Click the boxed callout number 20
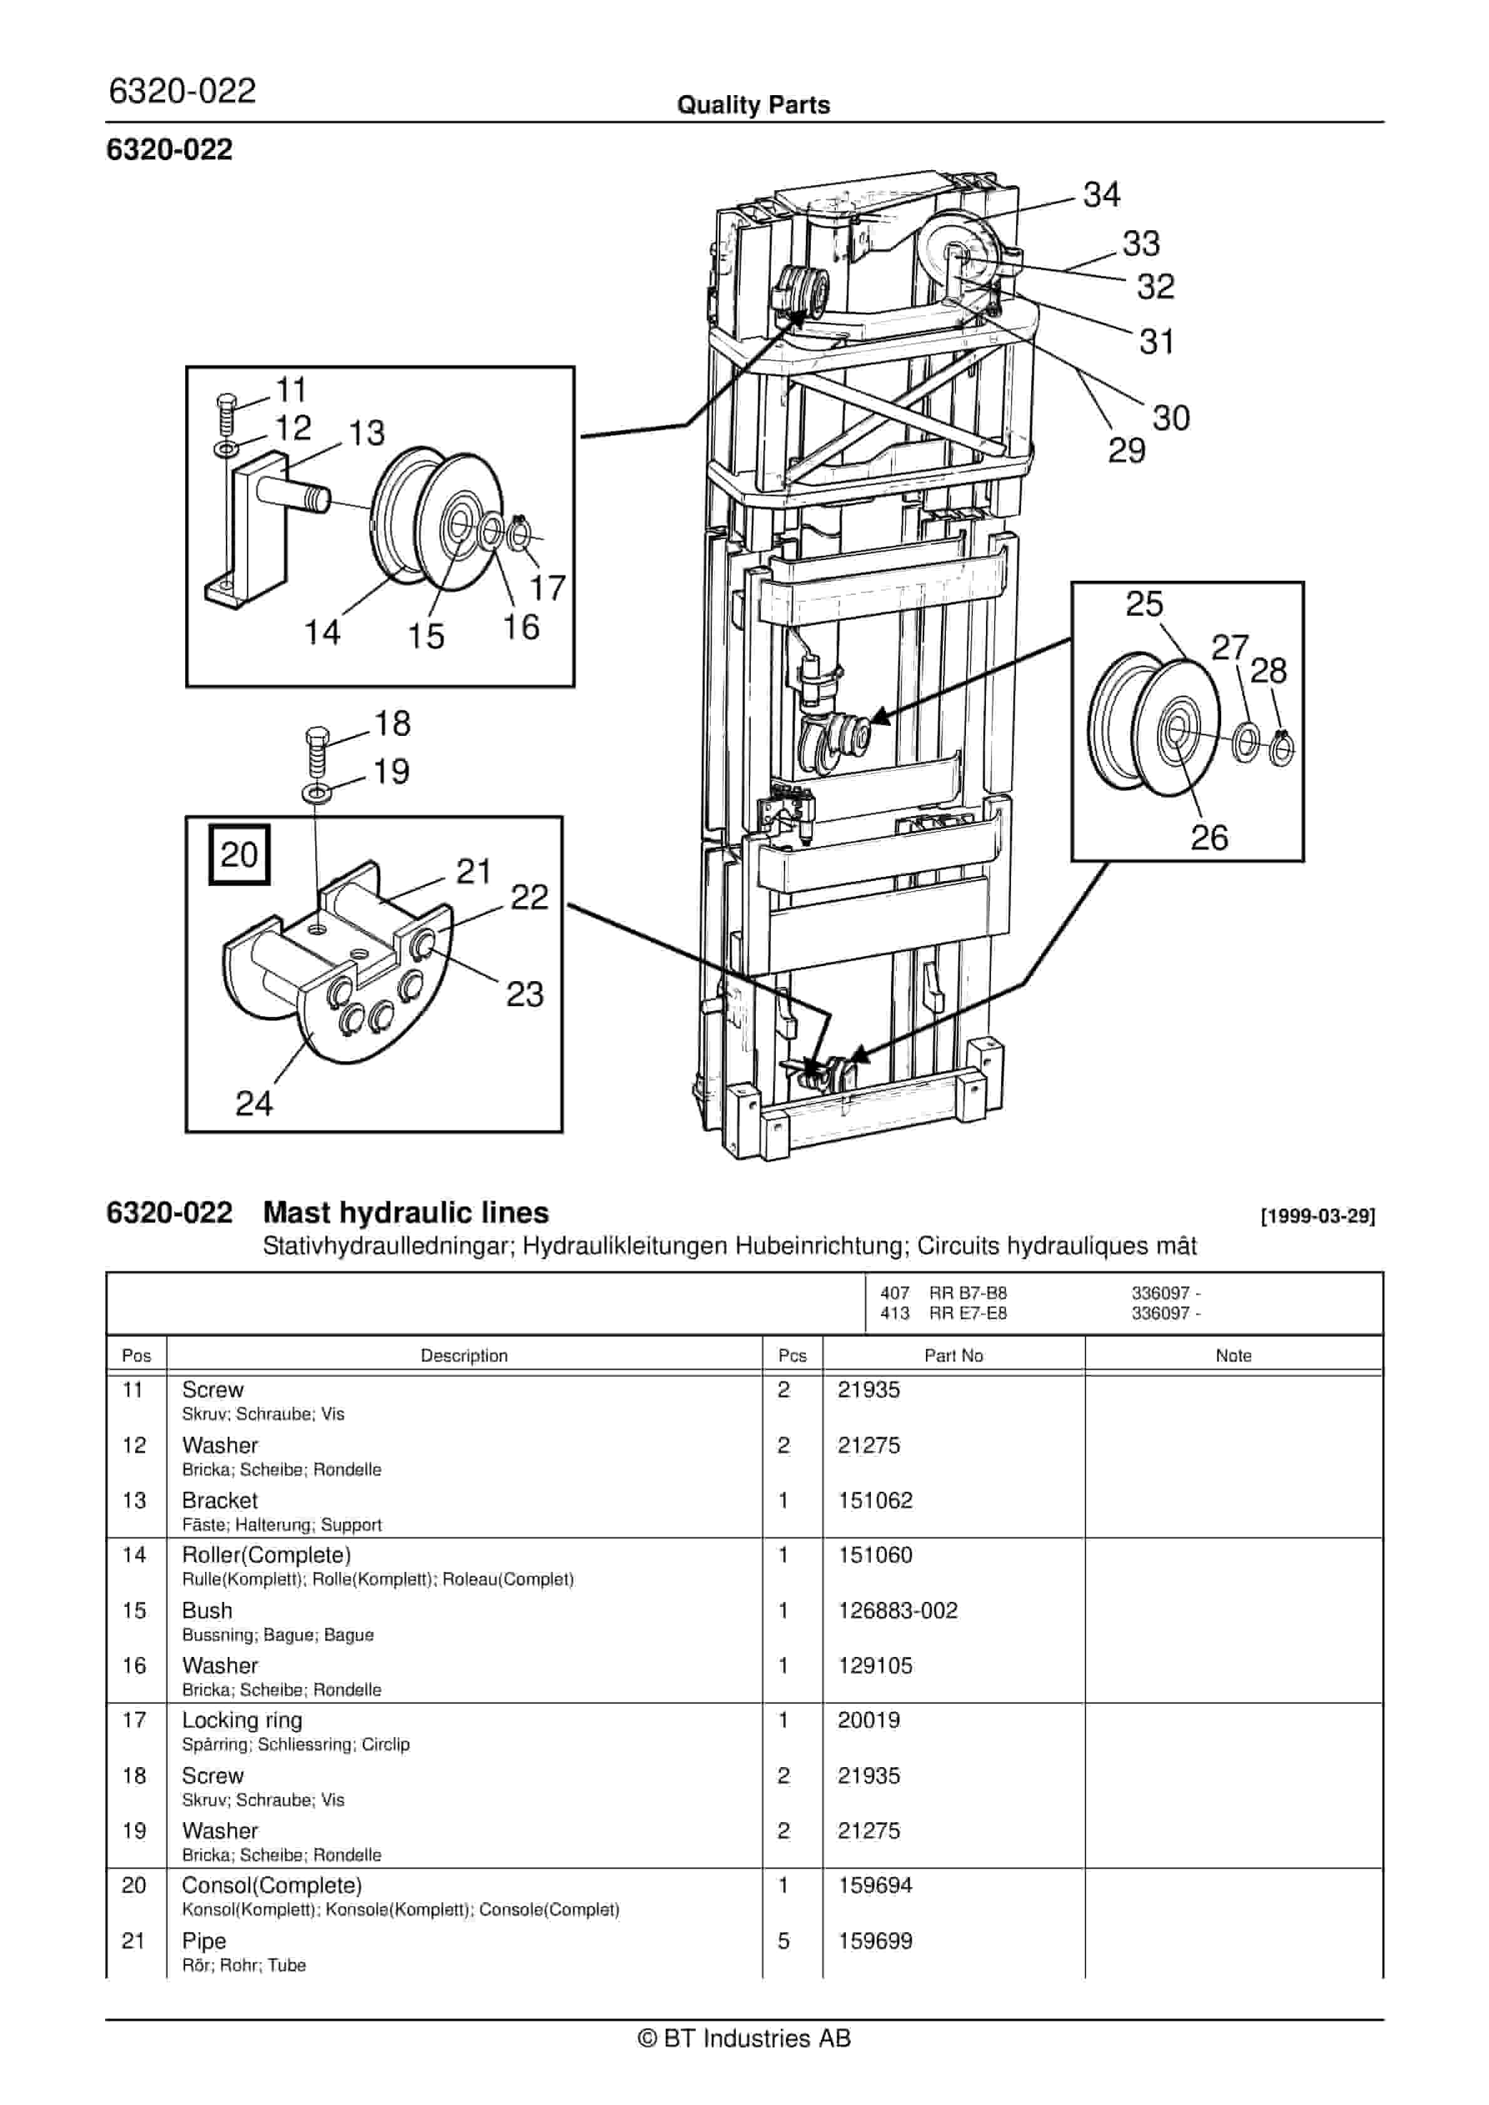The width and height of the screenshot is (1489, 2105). pos(239,855)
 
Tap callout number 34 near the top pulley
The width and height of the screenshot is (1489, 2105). pos(1101,195)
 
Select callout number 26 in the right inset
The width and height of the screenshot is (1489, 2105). pos(1209,837)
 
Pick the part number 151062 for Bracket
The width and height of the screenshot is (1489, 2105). pos(875,1500)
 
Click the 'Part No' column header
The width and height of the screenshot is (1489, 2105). pos(953,1355)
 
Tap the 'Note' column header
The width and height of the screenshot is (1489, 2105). pos(1233,1355)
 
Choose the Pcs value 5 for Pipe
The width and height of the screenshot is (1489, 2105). pos(783,1940)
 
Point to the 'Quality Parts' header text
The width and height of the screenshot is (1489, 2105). pos(753,104)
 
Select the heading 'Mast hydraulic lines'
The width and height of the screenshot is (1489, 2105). pos(405,1212)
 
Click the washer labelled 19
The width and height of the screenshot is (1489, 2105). pos(317,790)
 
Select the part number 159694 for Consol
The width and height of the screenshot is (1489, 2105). pos(875,1885)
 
